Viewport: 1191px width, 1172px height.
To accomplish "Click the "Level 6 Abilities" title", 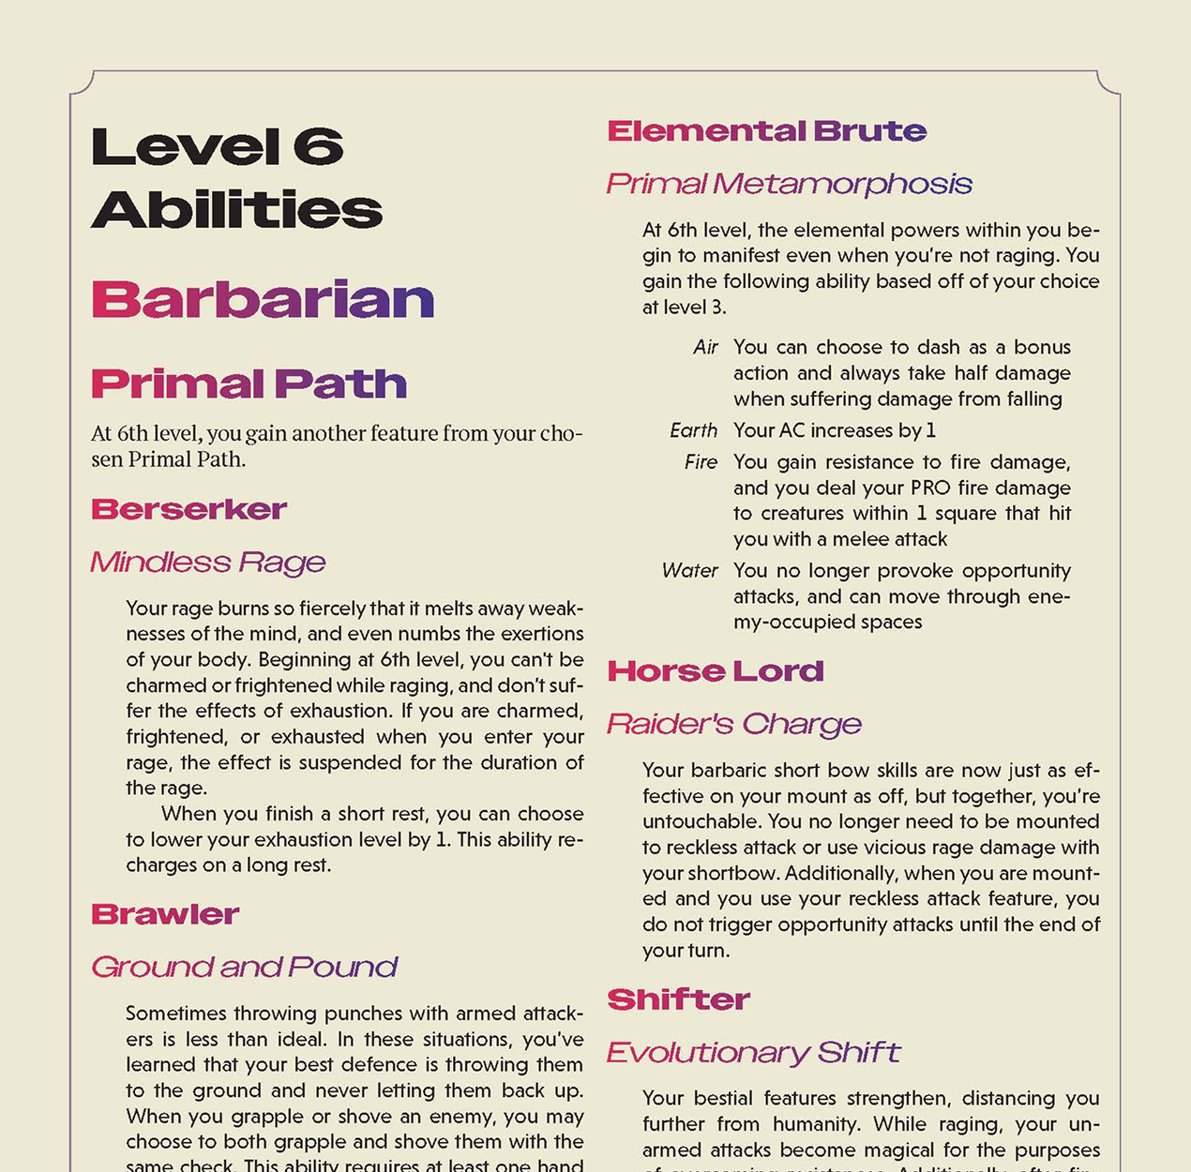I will tap(236, 177).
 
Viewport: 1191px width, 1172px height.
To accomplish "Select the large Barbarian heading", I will tap(263, 300).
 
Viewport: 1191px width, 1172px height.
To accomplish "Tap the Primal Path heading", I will tap(249, 384).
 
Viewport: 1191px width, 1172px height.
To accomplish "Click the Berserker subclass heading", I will tap(188, 509).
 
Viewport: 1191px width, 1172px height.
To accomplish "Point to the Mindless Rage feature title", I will tap(207, 562).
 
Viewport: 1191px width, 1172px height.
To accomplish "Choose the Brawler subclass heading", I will tap(165, 914).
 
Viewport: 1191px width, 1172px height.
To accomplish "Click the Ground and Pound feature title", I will tap(244, 967).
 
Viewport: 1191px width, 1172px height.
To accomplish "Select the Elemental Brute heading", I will tap(766, 131).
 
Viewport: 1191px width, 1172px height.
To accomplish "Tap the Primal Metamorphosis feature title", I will tap(789, 184).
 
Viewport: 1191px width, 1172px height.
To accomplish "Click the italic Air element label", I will tap(705, 348).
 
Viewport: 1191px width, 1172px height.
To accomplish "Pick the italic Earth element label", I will tap(693, 430).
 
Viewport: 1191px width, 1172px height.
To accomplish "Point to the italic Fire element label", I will tap(701, 462).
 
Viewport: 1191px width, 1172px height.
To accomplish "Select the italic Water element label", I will tap(689, 571).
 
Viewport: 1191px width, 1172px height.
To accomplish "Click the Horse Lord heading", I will tap(716, 671).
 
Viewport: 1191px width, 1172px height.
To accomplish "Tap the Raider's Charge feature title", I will tap(733, 724).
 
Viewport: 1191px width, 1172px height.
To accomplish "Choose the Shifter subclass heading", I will tap(678, 999).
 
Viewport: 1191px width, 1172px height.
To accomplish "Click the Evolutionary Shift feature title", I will tap(753, 1052).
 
